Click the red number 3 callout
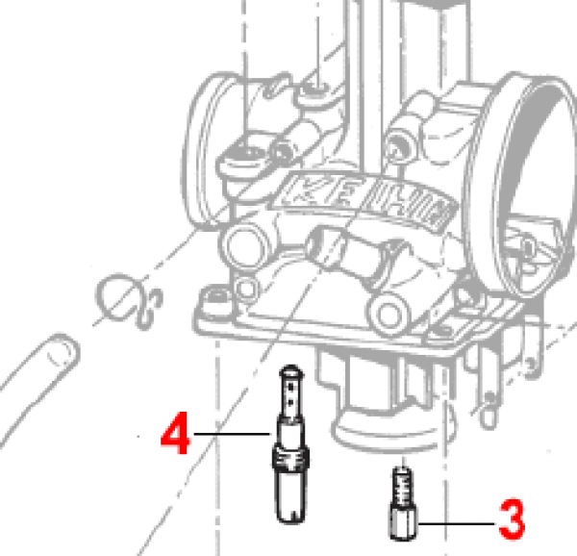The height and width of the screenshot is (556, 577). [x=512, y=521]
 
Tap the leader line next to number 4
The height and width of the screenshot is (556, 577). [x=231, y=436]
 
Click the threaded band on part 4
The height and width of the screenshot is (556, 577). [x=291, y=453]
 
